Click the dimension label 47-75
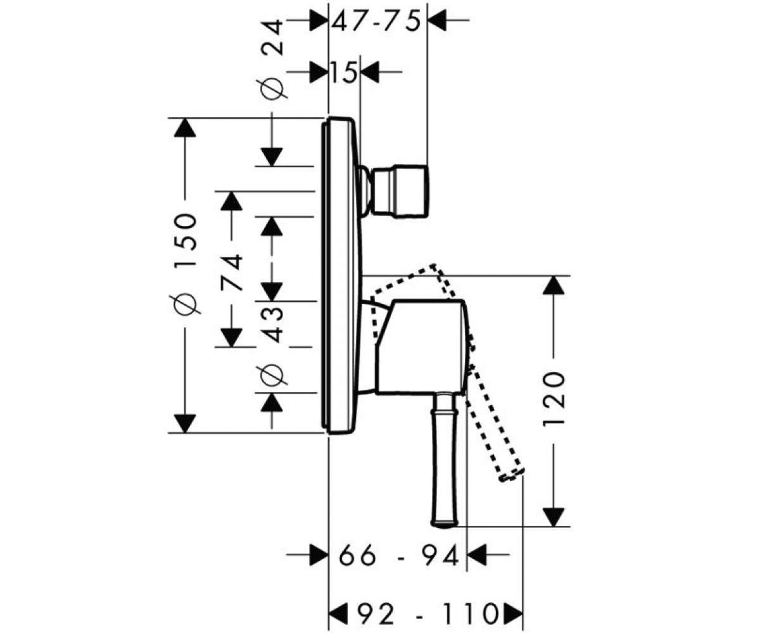376,21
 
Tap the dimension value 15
343,72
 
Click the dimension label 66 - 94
398,556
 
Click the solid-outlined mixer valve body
421,348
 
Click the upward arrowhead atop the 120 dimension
554,285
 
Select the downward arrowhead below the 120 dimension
554,517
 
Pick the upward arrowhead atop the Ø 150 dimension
185,127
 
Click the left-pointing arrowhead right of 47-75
437,20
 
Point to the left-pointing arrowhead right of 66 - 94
477,555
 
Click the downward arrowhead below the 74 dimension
232,337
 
